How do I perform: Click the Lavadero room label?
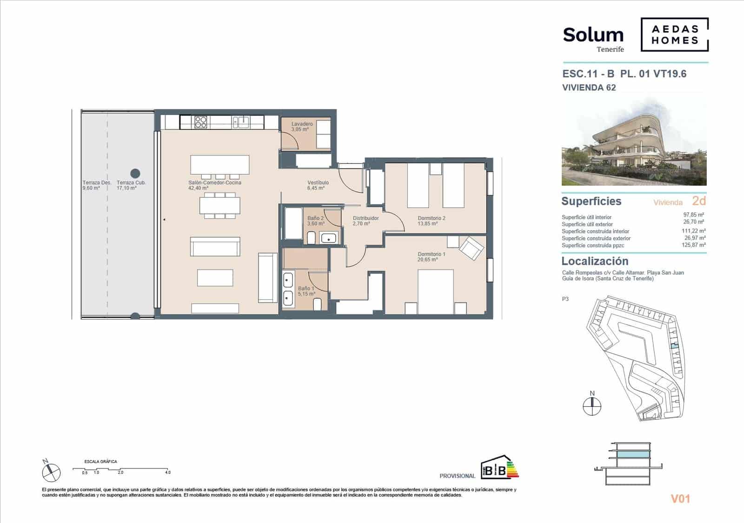[x=302, y=124]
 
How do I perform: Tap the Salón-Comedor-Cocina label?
[x=214, y=183]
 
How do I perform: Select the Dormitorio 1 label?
[x=431, y=255]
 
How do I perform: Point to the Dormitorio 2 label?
[x=431, y=218]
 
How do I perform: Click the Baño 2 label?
[x=315, y=218]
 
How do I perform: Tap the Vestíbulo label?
[x=318, y=183]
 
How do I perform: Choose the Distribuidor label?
[x=365, y=218]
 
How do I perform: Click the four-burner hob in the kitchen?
[x=200, y=122]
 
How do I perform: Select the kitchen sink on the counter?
[x=241, y=122]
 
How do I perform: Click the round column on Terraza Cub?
[x=135, y=174]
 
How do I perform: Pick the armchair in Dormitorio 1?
[x=471, y=248]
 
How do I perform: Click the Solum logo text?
[x=593, y=35]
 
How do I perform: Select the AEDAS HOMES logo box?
[x=674, y=35]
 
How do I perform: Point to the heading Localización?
[x=595, y=261]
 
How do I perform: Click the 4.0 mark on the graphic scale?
[x=167, y=472]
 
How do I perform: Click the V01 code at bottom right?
[x=680, y=499]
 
